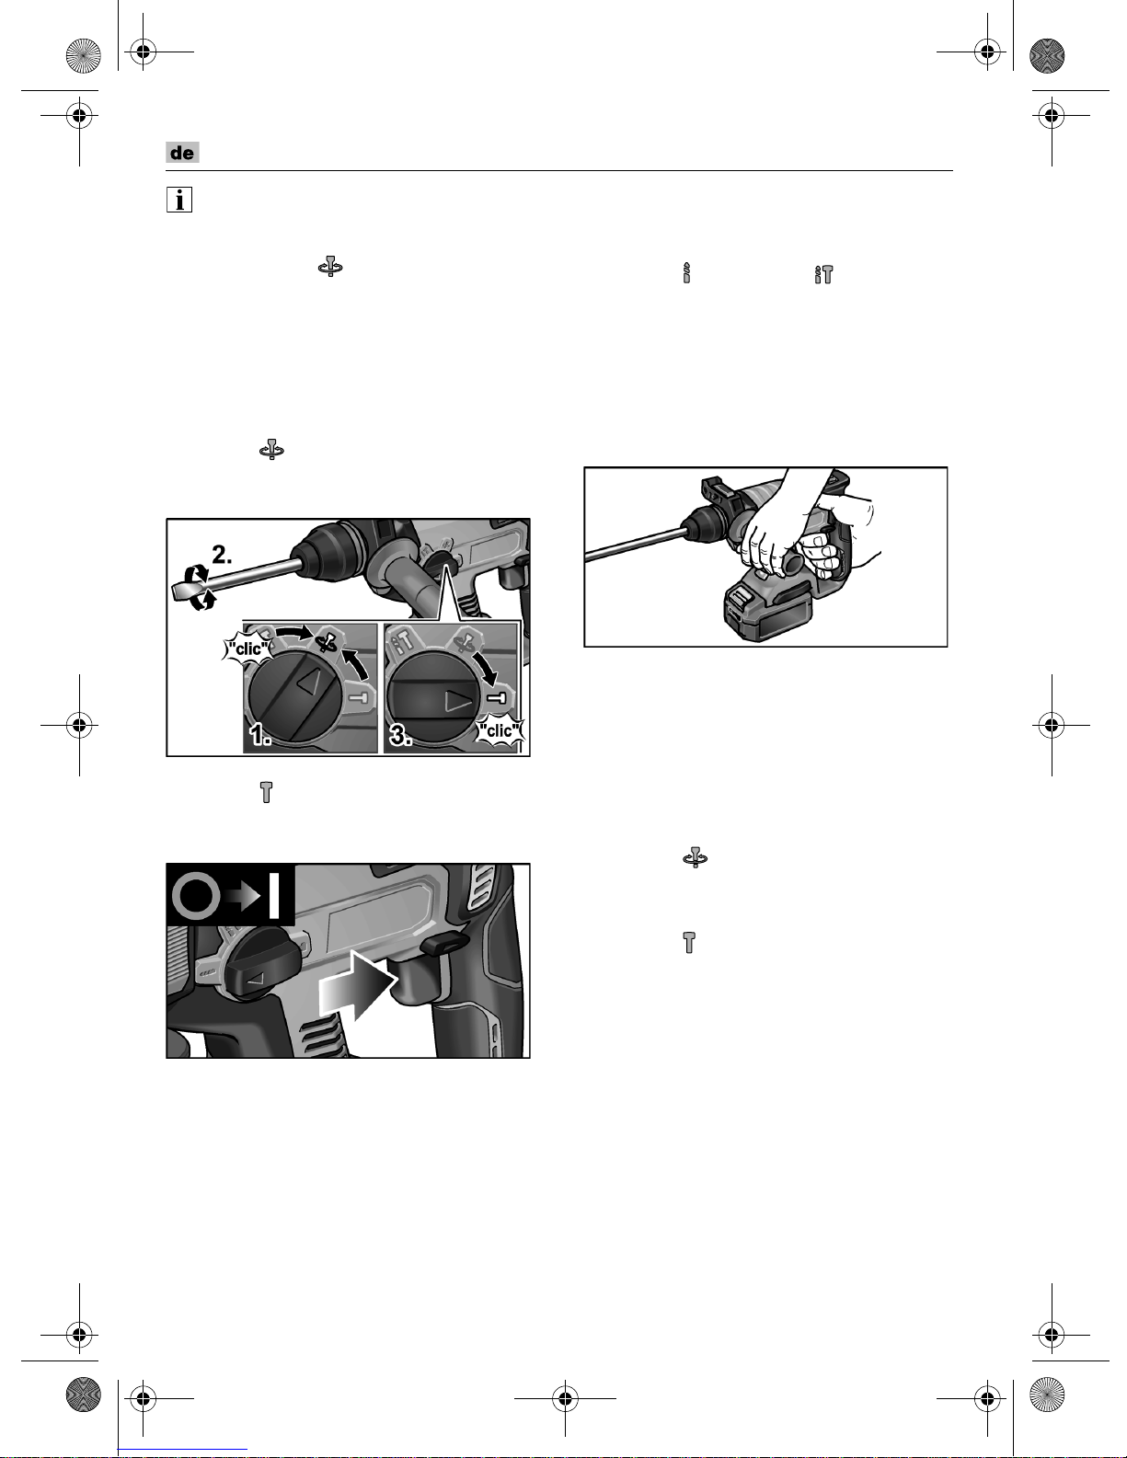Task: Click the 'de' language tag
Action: [x=182, y=153]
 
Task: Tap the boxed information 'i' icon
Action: [x=179, y=200]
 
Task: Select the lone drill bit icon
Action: [x=686, y=272]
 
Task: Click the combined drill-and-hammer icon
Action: [x=823, y=274]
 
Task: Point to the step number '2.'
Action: [x=222, y=554]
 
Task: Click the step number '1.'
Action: [x=260, y=735]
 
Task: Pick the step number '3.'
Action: [x=400, y=735]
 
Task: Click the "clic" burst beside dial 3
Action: [x=500, y=730]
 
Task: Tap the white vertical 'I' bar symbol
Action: [x=274, y=893]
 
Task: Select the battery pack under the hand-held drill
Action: [x=767, y=610]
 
